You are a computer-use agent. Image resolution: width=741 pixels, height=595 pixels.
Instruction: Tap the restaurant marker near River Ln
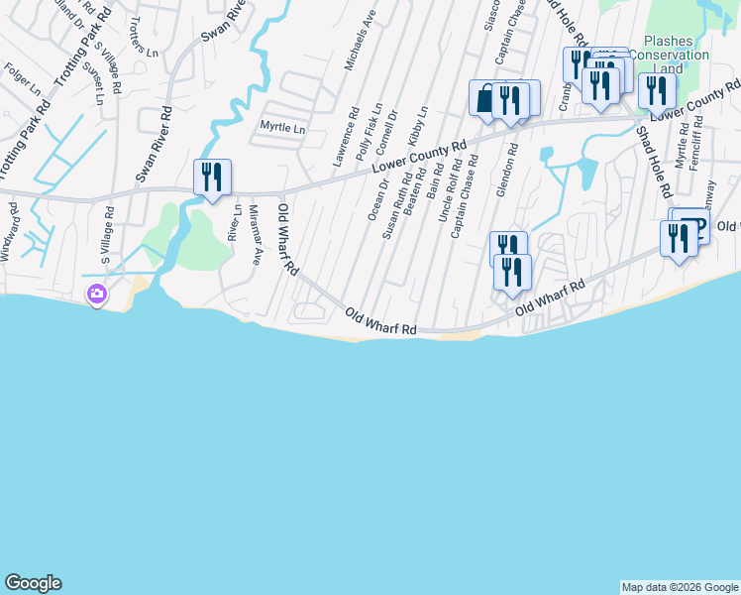click(212, 178)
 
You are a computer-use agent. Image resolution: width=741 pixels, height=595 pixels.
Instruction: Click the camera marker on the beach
click(97, 294)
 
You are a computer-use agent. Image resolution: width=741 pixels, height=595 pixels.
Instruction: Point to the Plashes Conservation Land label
click(677, 55)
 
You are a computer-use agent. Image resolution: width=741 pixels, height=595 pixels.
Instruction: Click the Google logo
click(33, 583)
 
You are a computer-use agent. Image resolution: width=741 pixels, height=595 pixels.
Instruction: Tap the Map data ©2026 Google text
click(679, 587)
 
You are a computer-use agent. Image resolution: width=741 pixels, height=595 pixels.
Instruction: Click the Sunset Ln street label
click(93, 80)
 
